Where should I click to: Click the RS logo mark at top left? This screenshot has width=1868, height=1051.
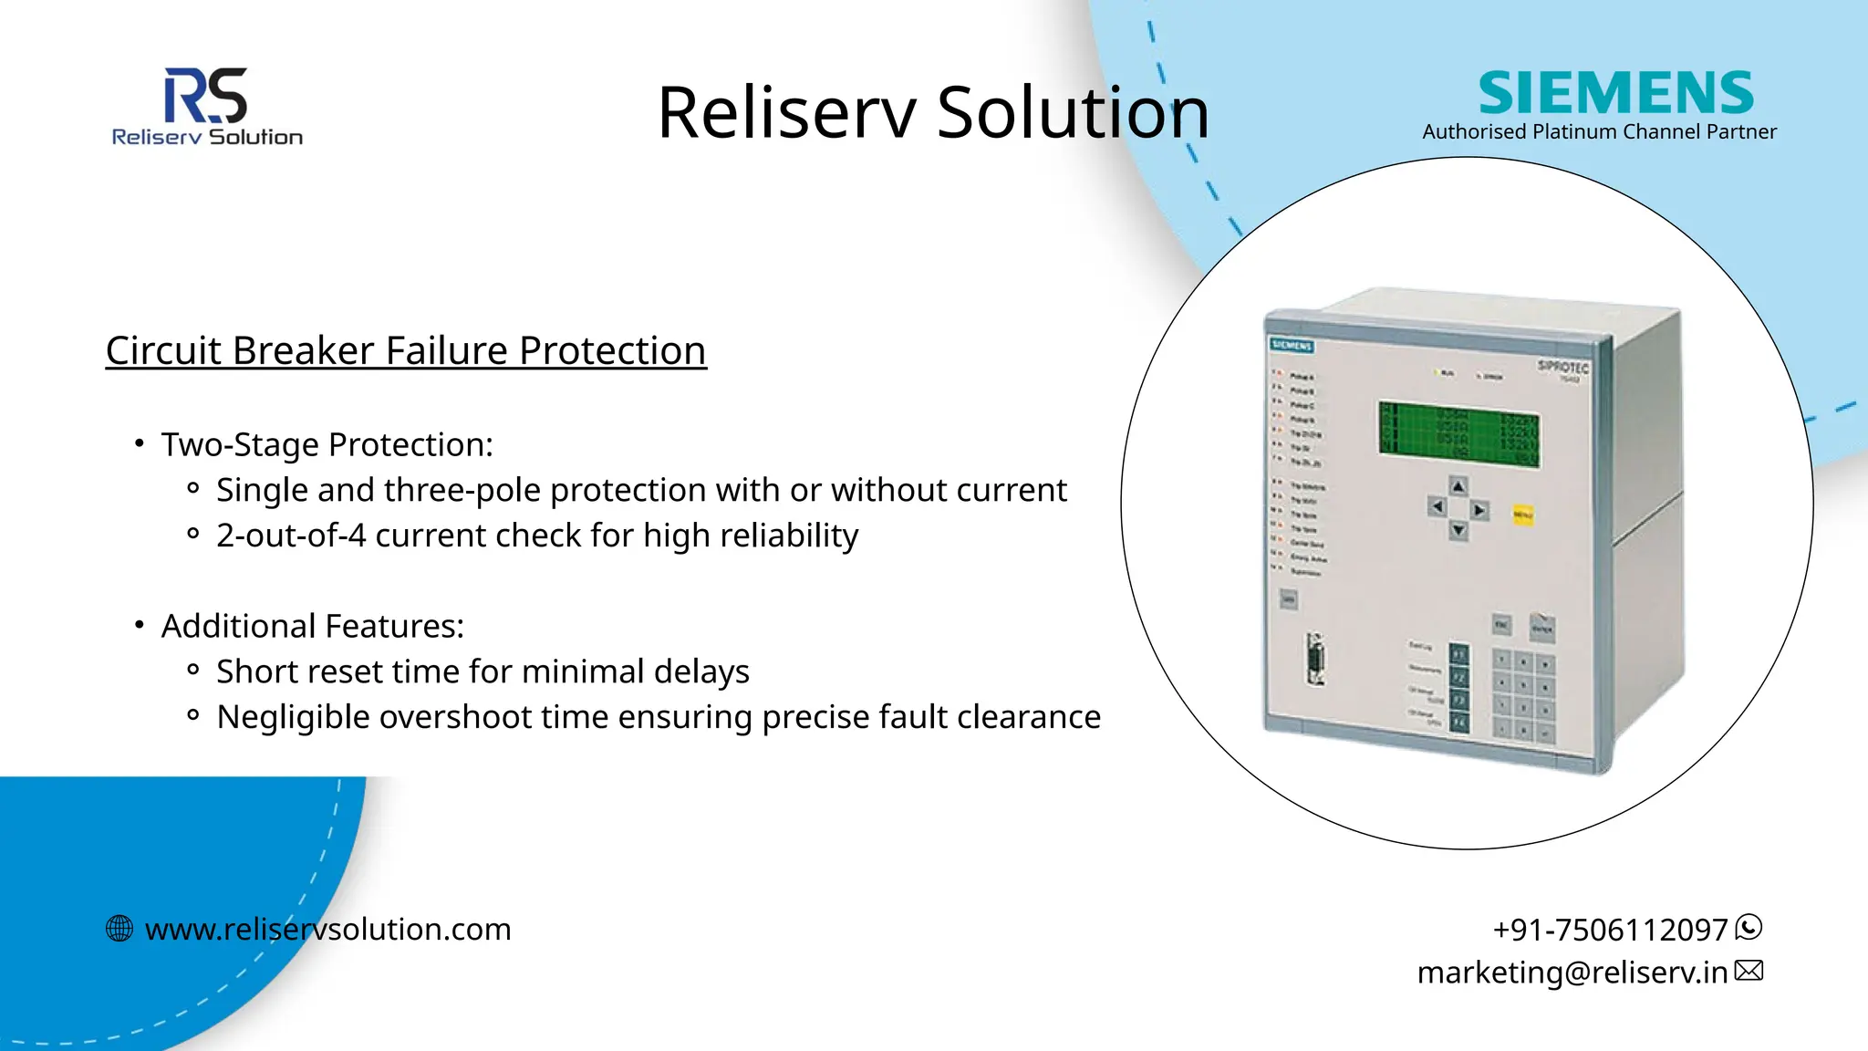click(x=205, y=95)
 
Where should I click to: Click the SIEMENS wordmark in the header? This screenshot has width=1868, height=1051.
click(x=1615, y=93)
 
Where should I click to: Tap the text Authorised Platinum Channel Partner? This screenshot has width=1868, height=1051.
click(x=1599, y=132)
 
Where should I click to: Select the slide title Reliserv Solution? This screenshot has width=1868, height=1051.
click(x=932, y=112)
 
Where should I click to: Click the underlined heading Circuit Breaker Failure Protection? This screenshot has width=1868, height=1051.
click(x=406, y=351)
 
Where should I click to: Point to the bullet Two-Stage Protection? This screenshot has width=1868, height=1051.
click(x=327, y=445)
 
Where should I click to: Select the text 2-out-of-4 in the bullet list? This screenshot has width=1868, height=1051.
click(x=290, y=536)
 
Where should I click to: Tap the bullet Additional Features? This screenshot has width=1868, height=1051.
click(x=312, y=627)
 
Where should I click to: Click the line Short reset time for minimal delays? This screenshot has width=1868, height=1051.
click(x=483, y=672)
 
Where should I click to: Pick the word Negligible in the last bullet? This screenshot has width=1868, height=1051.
click(x=292, y=717)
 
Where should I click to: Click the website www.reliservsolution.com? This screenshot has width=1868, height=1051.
click(x=327, y=930)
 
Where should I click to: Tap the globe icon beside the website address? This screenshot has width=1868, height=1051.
click(x=119, y=929)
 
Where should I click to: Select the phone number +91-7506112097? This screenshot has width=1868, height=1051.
click(x=1610, y=930)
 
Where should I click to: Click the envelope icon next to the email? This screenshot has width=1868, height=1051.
click(x=1749, y=971)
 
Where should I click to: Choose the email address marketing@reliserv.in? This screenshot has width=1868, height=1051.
click(x=1572, y=973)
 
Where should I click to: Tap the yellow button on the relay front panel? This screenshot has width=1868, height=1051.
click(x=1522, y=515)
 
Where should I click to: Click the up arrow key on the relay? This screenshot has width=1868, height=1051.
click(x=1458, y=486)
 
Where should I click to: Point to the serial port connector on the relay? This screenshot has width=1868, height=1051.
click(x=1314, y=659)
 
